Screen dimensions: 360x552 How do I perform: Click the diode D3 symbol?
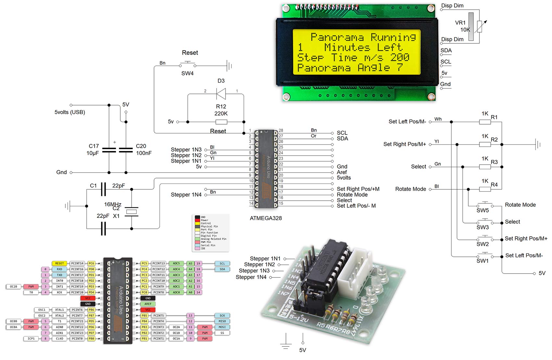[x=221, y=94]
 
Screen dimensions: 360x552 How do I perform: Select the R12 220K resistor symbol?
[x=221, y=122]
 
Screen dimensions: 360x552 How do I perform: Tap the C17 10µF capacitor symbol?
[x=109, y=150]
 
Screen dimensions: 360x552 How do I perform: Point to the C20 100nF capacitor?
[x=126, y=150]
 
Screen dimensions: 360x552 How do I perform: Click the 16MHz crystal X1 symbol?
[x=132, y=212]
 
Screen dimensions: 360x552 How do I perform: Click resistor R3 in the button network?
[x=485, y=167]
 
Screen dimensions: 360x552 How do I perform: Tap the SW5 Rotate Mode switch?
[x=484, y=205]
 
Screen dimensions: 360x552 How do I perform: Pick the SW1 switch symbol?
[x=484, y=255]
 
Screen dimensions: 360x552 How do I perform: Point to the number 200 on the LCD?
[x=400, y=58]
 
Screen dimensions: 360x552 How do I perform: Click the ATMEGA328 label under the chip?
[x=266, y=218]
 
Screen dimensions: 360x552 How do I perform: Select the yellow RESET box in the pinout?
[x=59, y=264]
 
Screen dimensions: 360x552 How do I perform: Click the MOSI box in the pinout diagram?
[x=222, y=327]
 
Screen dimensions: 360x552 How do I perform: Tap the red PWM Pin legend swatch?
[x=197, y=242]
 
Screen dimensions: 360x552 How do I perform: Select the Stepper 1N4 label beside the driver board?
[x=251, y=277]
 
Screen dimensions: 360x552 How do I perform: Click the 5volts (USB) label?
[x=70, y=112]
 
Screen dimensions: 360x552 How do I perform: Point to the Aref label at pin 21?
[x=342, y=172]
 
